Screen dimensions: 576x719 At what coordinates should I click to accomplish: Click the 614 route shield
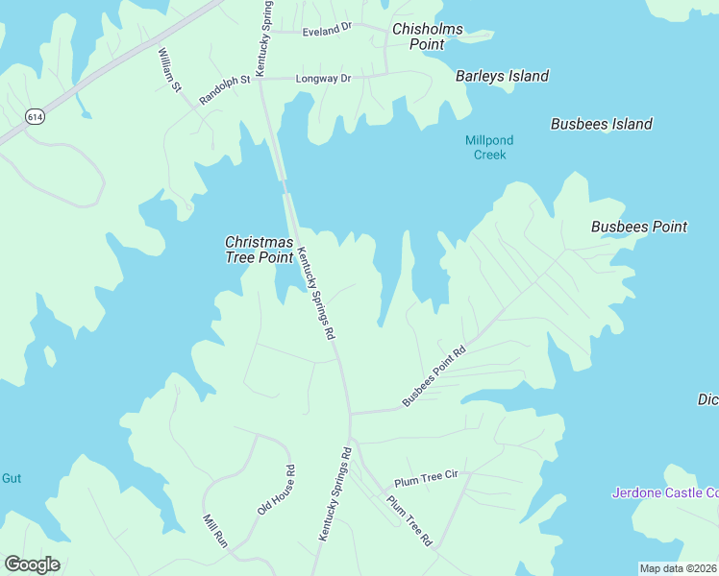(x=35, y=117)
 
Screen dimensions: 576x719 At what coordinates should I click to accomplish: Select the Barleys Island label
(x=502, y=76)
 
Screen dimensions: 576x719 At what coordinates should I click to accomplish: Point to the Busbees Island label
(x=601, y=124)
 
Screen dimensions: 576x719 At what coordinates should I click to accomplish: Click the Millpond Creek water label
(x=484, y=147)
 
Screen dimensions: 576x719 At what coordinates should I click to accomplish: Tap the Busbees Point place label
(x=638, y=227)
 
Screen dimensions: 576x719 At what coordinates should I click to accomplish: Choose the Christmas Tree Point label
(x=259, y=250)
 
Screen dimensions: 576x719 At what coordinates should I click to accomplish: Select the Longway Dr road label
(x=323, y=78)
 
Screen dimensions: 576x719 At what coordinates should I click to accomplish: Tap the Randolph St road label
(x=224, y=90)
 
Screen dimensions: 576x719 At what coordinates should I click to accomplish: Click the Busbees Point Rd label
(x=434, y=375)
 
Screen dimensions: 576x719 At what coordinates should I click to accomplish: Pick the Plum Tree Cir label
(x=425, y=479)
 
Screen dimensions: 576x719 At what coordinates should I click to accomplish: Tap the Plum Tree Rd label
(x=409, y=521)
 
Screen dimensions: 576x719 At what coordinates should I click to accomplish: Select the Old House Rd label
(x=277, y=490)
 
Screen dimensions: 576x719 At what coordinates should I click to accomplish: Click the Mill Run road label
(x=214, y=531)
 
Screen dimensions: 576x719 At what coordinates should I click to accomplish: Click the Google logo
(x=32, y=564)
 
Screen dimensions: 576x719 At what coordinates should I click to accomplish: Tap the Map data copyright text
(x=679, y=568)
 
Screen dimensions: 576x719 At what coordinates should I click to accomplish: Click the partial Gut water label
(x=11, y=478)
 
